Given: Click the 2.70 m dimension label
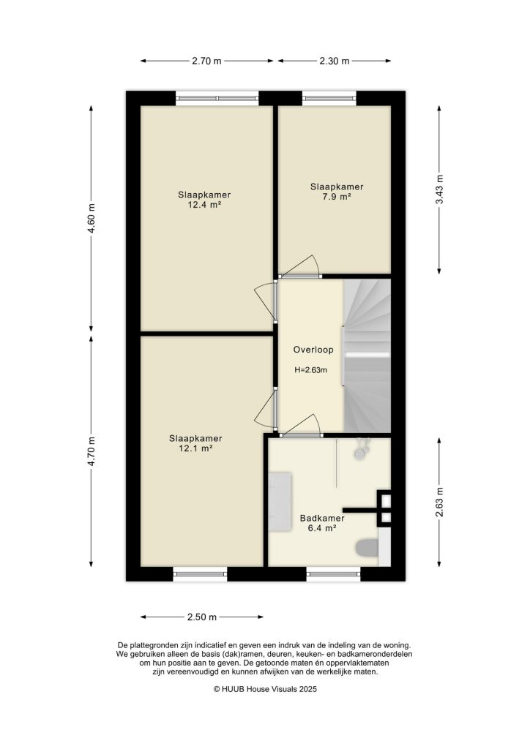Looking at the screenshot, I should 206,61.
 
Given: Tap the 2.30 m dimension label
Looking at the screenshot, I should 334,61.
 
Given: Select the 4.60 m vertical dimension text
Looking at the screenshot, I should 92,217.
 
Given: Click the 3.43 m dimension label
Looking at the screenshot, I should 439,189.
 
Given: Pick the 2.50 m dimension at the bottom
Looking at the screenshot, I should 202,617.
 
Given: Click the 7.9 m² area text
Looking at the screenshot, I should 337,197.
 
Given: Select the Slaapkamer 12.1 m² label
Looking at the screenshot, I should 195,443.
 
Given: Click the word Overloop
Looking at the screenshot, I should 313,350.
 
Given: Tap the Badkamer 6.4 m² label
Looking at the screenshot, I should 322,522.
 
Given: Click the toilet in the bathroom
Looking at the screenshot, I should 365,548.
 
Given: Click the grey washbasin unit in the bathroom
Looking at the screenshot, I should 280,500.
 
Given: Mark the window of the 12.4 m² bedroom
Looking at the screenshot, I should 217,95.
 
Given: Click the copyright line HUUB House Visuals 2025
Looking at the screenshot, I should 265,689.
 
